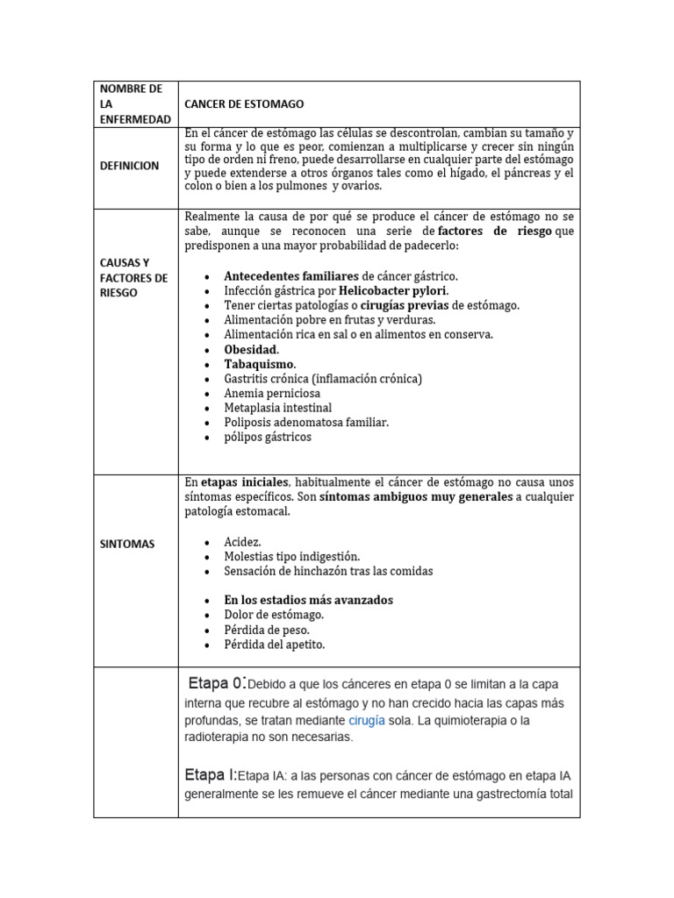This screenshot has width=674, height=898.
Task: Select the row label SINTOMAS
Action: (126, 544)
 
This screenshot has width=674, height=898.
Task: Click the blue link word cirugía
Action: (367, 720)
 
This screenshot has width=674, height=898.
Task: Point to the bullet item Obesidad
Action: (251, 349)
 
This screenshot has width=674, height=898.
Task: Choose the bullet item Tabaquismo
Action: (260, 364)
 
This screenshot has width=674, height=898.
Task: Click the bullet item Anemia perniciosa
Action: (272, 394)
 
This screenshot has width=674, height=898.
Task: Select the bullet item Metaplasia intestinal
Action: (277, 408)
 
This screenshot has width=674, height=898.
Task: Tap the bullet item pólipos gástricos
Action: (267, 437)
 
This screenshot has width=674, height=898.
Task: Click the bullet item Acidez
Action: (242, 542)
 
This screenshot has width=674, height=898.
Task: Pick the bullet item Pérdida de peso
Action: (266, 630)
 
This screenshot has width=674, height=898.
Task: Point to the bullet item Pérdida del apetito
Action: (274, 645)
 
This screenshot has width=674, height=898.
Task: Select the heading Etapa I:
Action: (211, 775)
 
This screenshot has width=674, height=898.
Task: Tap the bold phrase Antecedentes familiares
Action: (291, 276)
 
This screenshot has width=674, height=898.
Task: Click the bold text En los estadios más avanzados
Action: (308, 600)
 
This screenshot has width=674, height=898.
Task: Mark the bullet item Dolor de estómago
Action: (274, 615)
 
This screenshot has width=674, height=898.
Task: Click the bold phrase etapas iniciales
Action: (245, 482)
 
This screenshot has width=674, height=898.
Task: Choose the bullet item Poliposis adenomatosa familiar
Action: (305, 423)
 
